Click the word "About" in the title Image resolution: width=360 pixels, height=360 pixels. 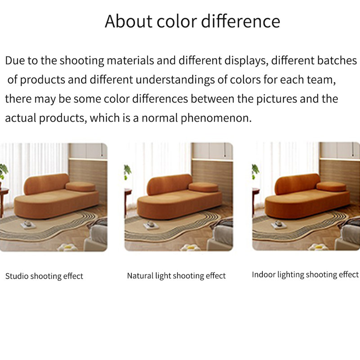[x=129, y=21]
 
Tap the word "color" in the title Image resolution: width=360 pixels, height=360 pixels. [x=177, y=21]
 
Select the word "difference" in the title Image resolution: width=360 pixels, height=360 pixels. [x=241, y=21]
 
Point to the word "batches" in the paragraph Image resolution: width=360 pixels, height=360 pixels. [x=337, y=61]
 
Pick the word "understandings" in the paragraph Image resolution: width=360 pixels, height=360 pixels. [x=175, y=80]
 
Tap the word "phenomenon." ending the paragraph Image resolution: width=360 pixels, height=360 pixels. [x=216, y=118]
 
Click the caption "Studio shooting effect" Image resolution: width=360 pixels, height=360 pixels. [x=44, y=276]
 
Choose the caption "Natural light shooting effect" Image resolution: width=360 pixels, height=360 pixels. [x=176, y=276]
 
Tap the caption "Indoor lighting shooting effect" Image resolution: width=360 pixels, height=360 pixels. [x=305, y=274]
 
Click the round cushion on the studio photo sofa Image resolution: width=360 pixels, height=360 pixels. [x=81, y=187]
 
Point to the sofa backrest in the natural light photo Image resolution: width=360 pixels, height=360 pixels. [x=170, y=184]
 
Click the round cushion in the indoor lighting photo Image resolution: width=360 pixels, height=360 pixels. [x=331, y=186]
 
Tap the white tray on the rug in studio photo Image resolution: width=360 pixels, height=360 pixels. [x=28, y=225]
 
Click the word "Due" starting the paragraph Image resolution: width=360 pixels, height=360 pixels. [x=15, y=61]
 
